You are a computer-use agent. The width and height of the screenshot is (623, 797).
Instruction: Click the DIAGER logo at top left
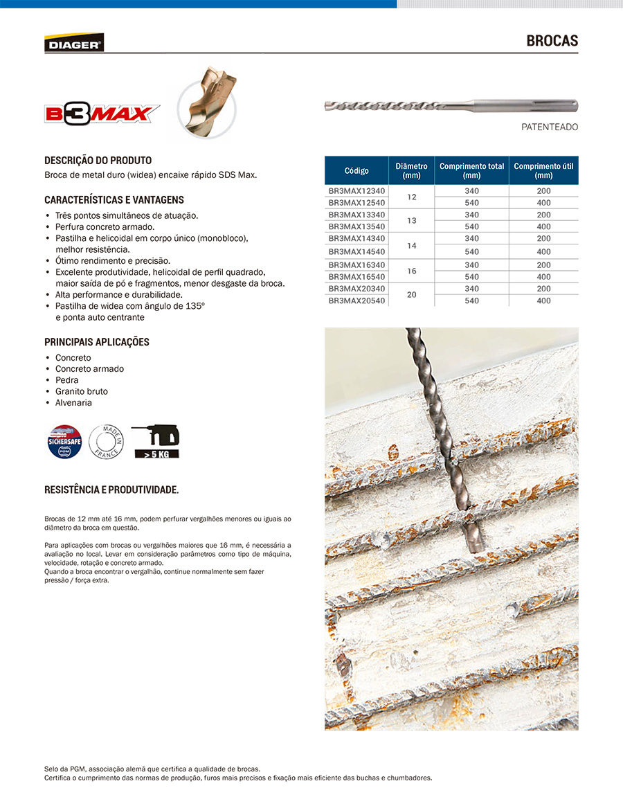tap(74, 43)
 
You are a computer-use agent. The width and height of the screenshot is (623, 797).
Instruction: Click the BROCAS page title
tap(552, 41)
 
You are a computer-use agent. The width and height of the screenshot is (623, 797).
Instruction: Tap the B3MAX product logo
tap(102, 113)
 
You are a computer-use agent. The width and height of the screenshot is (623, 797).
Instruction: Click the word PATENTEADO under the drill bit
tap(549, 127)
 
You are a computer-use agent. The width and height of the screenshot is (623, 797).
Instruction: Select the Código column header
tap(356, 170)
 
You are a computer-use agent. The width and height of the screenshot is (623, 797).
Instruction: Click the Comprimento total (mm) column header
tap(471, 170)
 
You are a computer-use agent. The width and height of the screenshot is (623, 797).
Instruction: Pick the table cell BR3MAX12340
tap(356, 190)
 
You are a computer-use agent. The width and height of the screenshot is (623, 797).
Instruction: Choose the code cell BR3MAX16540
tap(356, 277)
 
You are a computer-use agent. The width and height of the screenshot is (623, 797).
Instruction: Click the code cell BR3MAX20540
tap(356, 301)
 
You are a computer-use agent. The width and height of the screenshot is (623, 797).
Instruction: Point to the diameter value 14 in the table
tap(412, 246)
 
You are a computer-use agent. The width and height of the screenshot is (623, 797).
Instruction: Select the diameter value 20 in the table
tap(412, 294)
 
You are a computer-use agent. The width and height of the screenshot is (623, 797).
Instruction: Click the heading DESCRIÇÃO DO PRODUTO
tap(98, 161)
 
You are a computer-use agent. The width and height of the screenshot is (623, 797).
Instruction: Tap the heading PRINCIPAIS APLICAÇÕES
tap(96, 342)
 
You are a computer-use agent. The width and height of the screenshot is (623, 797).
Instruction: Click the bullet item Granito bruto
tap(82, 391)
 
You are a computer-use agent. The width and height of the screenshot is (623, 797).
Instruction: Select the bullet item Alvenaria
tap(73, 402)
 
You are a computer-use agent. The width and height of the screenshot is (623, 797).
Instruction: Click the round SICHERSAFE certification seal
tap(64, 441)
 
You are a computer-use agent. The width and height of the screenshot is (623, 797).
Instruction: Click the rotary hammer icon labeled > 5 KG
tap(156, 441)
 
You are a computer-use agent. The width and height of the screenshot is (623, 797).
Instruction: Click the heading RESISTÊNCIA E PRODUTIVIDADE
tap(111, 490)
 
